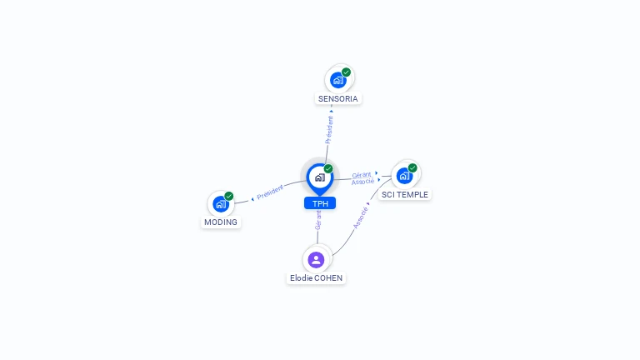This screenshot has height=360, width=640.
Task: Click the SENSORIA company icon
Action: click(337, 80)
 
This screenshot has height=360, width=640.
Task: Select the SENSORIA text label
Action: click(337, 98)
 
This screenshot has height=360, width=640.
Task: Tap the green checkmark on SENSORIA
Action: click(346, 72)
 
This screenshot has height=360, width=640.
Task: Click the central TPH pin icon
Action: click(319, 177)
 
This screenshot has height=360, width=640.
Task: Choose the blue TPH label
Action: click(319, 203)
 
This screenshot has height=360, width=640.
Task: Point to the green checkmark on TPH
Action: click(328, 168)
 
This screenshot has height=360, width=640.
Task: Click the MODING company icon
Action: click(220, 204)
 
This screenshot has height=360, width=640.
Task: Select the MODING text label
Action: click(221, 222)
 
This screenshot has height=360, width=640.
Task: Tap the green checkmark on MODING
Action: click(229, 197)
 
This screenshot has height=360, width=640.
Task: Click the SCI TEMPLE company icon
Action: click(404, 176)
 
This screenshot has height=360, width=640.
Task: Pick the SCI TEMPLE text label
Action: click(405, 194)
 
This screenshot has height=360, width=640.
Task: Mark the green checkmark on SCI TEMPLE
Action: click(412, 167)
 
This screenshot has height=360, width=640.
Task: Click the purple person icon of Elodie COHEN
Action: click(316, 259)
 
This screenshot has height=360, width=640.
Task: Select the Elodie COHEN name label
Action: click(316, 277)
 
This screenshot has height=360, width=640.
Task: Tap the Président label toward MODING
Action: click(270, 193)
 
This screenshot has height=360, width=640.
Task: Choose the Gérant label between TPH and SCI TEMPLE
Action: click(362, 175)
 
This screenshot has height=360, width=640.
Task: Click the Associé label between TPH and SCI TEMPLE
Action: click(362, 182)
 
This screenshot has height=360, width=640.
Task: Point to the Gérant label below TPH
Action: click(317, 220)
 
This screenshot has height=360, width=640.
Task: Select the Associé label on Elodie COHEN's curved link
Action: click(360, 217)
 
